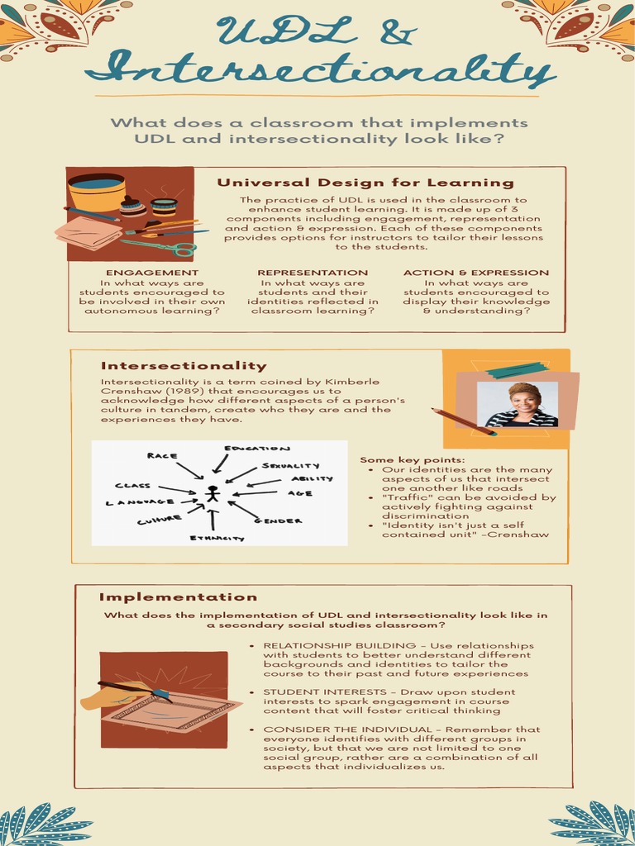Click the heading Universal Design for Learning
click(x=365, y=183)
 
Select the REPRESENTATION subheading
click(x=313, y=273)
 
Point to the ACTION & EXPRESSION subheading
click(x=476, y=273)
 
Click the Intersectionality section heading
click(x=184, y=366)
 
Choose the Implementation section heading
click(x=178, y=597)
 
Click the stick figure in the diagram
click(x=212, y=494)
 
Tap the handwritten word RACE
click(x=162, y=455)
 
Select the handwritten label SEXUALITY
click(x=290, y=466)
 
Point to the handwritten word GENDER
click(x=278, y=521)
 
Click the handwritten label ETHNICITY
click(x=217, y=538)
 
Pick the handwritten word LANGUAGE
click(x=141, y=501)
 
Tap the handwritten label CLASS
click(x=132, y=486)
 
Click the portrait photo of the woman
click(x=522, y=405)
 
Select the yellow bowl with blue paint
click(x=96, y=192)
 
